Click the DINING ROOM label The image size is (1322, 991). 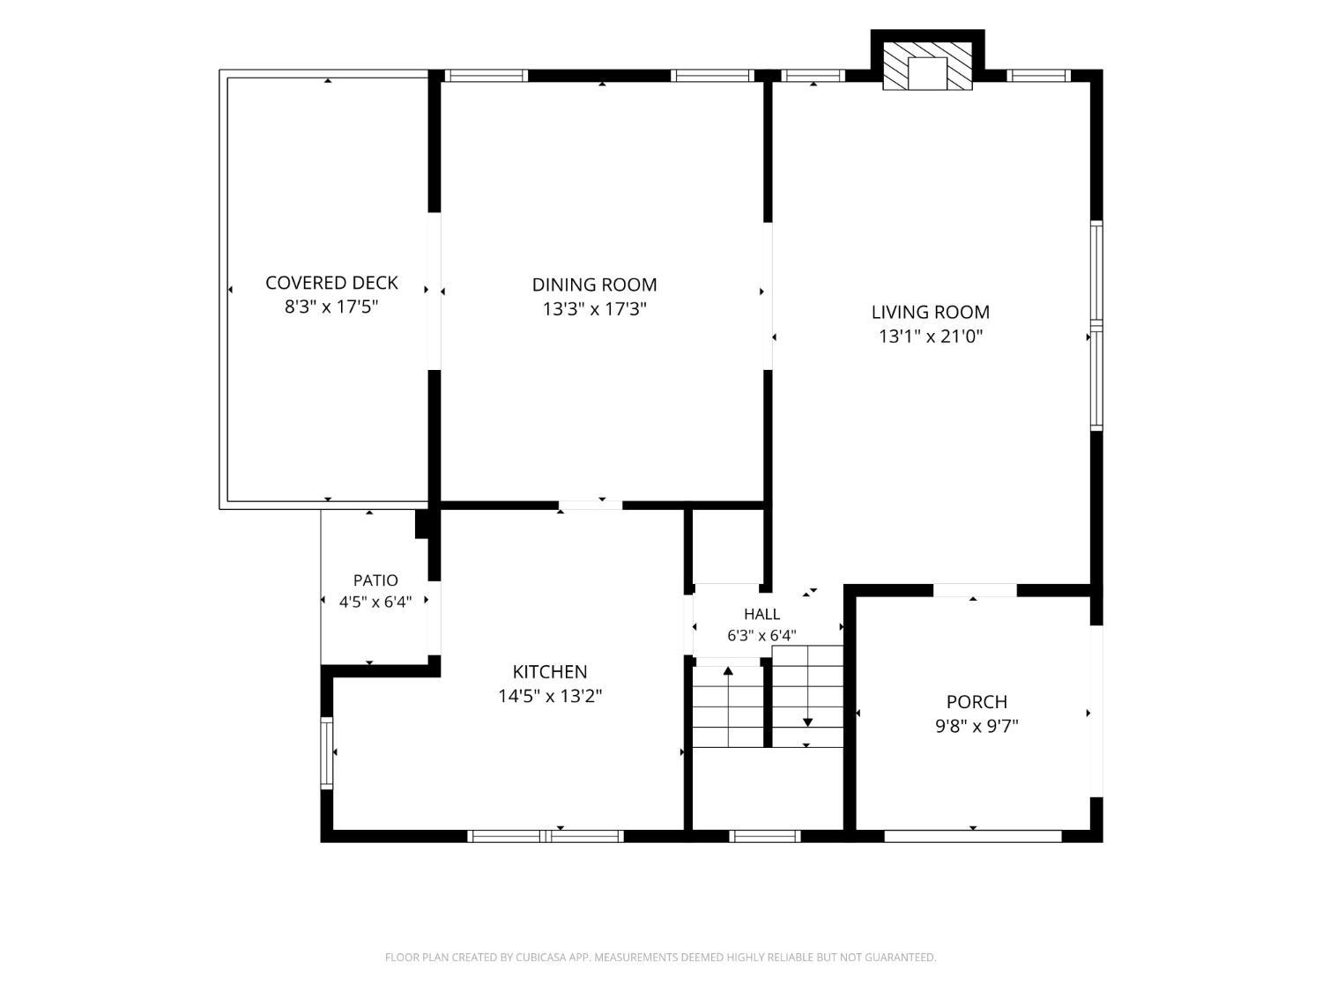(594, 285)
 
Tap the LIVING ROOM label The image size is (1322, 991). (930, 313)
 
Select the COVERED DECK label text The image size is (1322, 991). (331, 283)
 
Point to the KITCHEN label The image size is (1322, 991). (549, 671)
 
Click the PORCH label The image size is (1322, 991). (977, 701)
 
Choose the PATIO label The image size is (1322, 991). (375, 580)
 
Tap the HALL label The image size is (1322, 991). (761, 614)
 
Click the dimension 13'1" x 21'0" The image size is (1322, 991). (930, 336)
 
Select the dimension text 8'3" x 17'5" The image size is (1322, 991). (331, 307)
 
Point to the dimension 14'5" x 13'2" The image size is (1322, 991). (550, 696)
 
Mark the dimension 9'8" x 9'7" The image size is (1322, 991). (977, 726)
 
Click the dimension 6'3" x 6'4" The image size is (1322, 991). (761, 635)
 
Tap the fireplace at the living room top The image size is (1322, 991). (927, 66)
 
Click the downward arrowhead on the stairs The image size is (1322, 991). (807, 722)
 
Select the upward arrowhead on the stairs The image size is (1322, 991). (728, 670)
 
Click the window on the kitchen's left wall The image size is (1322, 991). (326, 753)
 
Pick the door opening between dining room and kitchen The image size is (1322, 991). (590, 506)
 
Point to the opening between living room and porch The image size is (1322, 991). (975, 590)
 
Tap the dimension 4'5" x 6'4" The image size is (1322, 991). (375, 602)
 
